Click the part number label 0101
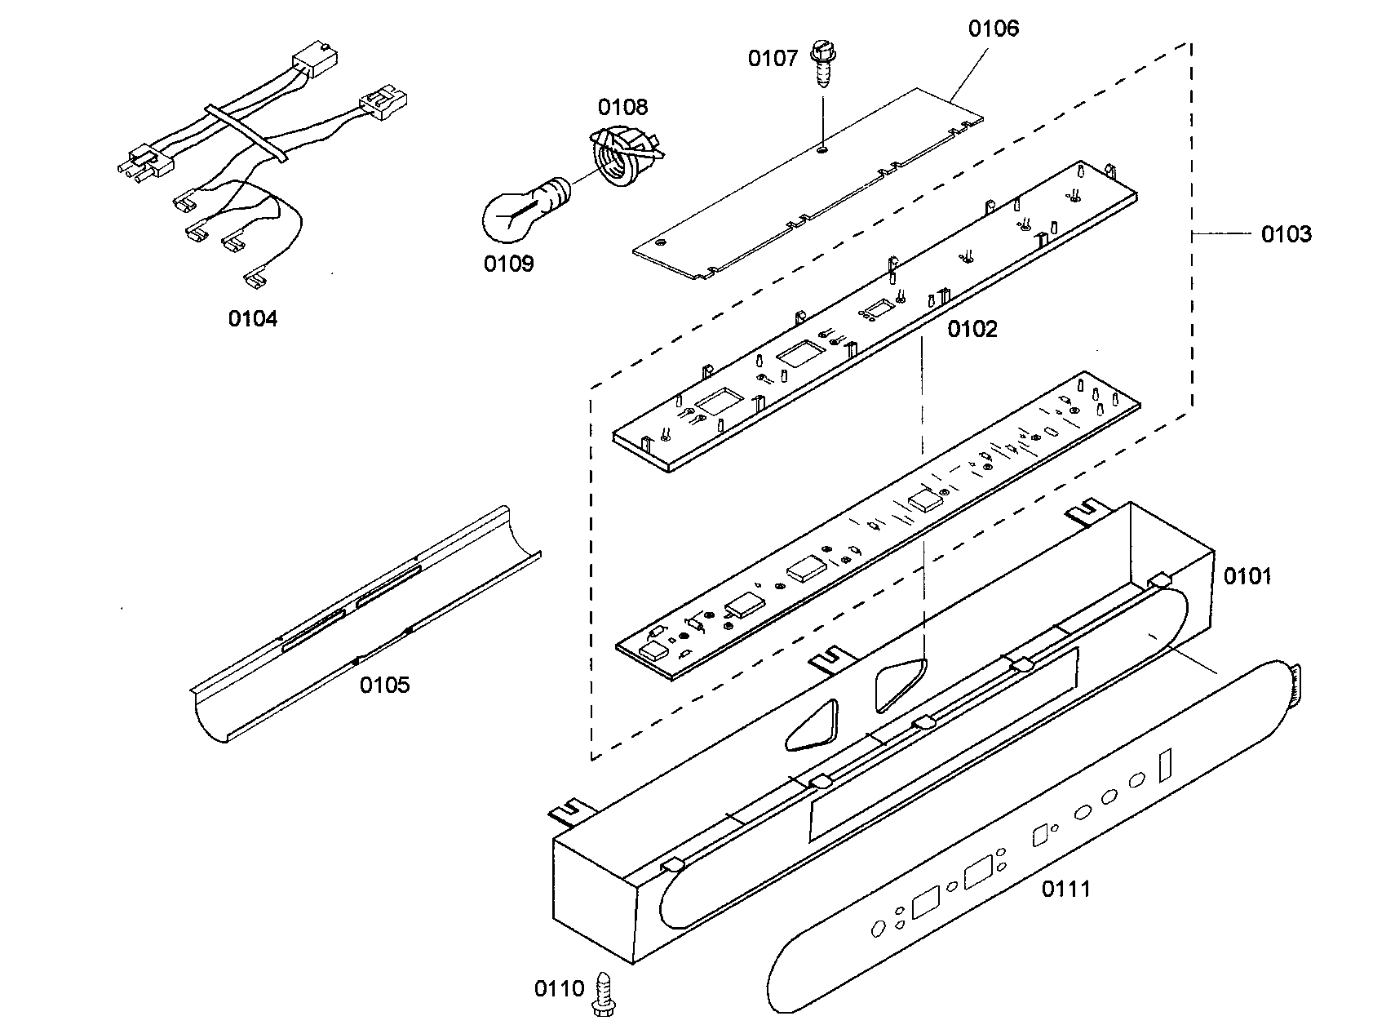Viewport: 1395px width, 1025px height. tap(1247, 577)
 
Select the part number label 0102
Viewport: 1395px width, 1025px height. tap(972, 329)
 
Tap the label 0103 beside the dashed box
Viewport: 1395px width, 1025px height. tap(1286, 234)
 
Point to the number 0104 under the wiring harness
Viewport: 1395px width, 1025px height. tap(252, 318)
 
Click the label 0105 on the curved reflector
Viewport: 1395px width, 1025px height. tap(384, 685)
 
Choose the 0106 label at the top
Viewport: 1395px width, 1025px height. tap(993, 29)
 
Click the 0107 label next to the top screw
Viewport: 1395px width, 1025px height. tap(773, 58)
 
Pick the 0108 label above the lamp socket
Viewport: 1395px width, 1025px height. tap(622, 107)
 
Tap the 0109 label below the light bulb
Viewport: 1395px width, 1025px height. tap(508, 264)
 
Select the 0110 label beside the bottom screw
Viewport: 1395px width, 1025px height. tap(559, 989)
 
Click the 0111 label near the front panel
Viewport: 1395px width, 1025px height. tap(1065, 889)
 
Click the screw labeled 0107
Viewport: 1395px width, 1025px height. tap(820, 69)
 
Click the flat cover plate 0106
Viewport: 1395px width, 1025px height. tap(808, 188)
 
